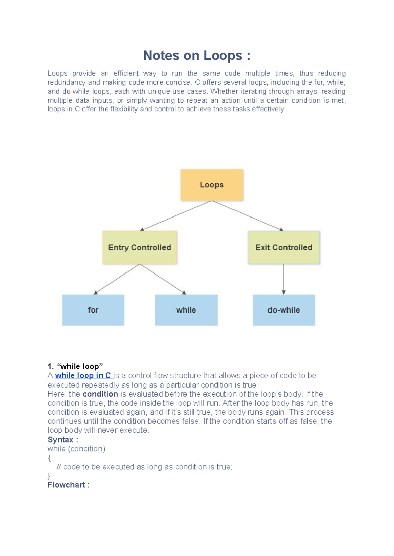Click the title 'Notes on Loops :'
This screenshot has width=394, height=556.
pyautogui.click(x=197, y=55)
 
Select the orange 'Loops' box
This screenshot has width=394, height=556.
pyautogui.click(x=212, y=185)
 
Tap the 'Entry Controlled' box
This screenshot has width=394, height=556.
pyautogui.click(x=140, y=248)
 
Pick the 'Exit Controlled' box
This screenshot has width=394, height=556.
pyautogui.click(x=284, y=248)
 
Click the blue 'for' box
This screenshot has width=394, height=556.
pyautogui.click(x=93, y=310)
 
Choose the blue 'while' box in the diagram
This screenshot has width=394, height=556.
pyautogui.click(x=186, y=310)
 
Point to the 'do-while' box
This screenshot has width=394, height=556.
pyautogui.click(x=284, y=310)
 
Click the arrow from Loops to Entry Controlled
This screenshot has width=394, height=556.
pyautogui.click(x=176, y=216)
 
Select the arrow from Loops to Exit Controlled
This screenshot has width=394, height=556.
pyautogui.click(x=248, y=216)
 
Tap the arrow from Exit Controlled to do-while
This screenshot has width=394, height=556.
pyautogui.click(x=284, y=279)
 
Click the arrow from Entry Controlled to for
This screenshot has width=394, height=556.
pyautogui.click(x=117, y=279)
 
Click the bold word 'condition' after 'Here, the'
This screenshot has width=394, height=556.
pyautogui.click(x=100, y=394)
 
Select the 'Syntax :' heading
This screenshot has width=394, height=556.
pyautogui.click(x=63, y=440)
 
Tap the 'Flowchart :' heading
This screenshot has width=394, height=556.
pyautogui.click(x=68, y=485)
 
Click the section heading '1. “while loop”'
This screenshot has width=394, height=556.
pyautogui.click(x=75, y=367)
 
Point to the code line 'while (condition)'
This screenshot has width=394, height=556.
pyautogui.click(x=76, y=449)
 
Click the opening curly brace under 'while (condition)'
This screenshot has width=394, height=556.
pyautogui.click(x=49, y=458)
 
